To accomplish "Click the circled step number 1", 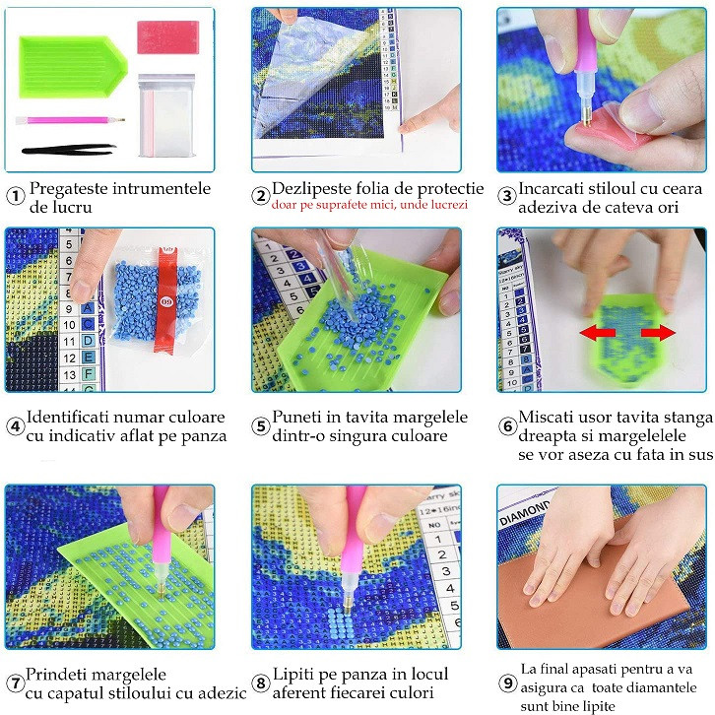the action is [x=16, y=197].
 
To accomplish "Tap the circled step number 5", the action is [x=261, y=426].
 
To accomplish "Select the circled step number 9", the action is [x=507, y=683].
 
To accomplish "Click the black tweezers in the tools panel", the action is [x=69, y=149].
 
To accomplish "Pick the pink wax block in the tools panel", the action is [x=167, y=37].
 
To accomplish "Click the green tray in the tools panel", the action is [x=73, y=67].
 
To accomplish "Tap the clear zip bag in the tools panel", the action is [x=166, y=115].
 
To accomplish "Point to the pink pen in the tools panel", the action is [x=70, y=121].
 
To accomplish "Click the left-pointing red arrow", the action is [x=598, y=333].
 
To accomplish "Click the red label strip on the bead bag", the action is [x=166, y=301].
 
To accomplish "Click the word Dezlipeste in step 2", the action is [x=311, y=188].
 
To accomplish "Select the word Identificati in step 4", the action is [x=68, y=417].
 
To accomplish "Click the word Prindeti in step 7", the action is [x=56, y=674].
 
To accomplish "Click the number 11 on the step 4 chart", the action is [x=69, y=342].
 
